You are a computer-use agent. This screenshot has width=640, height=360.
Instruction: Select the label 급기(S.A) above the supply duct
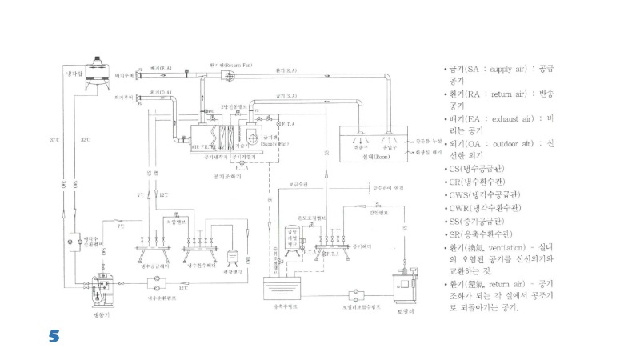[286, 96]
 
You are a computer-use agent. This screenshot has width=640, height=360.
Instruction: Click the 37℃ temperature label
[54, 141]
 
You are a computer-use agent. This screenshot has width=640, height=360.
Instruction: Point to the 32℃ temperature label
[85, 141]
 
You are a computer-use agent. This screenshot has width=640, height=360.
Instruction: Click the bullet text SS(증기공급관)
[478, 221]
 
